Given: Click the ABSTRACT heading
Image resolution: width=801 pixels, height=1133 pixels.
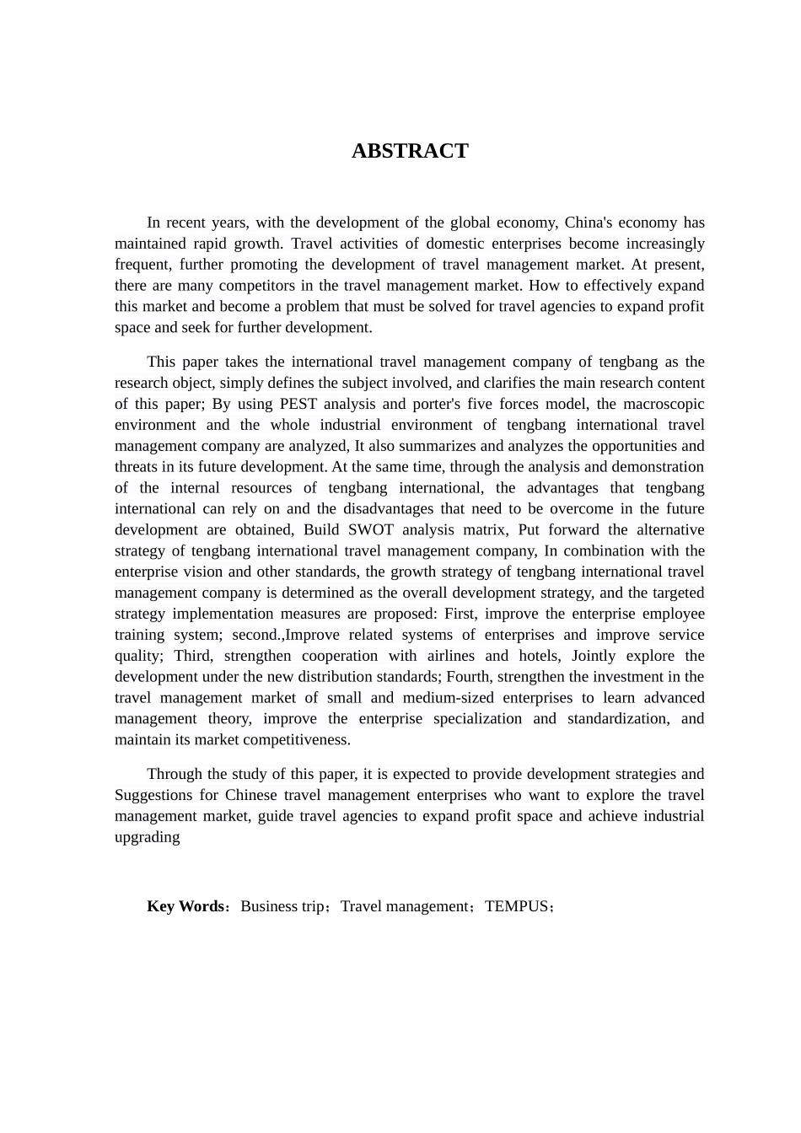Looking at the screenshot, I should click(x=410, y=151).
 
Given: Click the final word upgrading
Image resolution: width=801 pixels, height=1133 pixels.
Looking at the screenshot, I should click(x=148, y=837).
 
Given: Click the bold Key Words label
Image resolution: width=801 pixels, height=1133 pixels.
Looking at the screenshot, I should click(x=185, y=906).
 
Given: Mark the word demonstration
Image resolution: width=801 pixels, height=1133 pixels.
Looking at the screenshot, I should click(x=658, y=467).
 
